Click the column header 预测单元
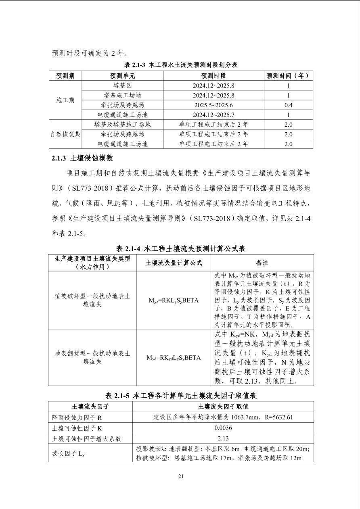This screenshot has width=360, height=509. click(122, 75)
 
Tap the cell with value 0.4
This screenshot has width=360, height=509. click(288, 105)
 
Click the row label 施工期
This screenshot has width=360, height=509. click(65, 100)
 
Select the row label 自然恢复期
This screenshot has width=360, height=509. click(65, 134)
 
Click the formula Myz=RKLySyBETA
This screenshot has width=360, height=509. click(174, 300)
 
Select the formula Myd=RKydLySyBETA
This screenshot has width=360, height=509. click(174, 357)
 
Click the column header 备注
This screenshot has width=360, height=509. click(262, 263)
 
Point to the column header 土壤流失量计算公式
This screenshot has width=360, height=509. click(174, 263)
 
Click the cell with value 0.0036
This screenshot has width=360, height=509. click(223, 428)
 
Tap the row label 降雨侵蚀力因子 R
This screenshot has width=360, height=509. click(77, 417)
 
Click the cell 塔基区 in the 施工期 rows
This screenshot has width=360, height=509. click(122, 86)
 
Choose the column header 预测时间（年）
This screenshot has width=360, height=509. click(288, 75)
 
